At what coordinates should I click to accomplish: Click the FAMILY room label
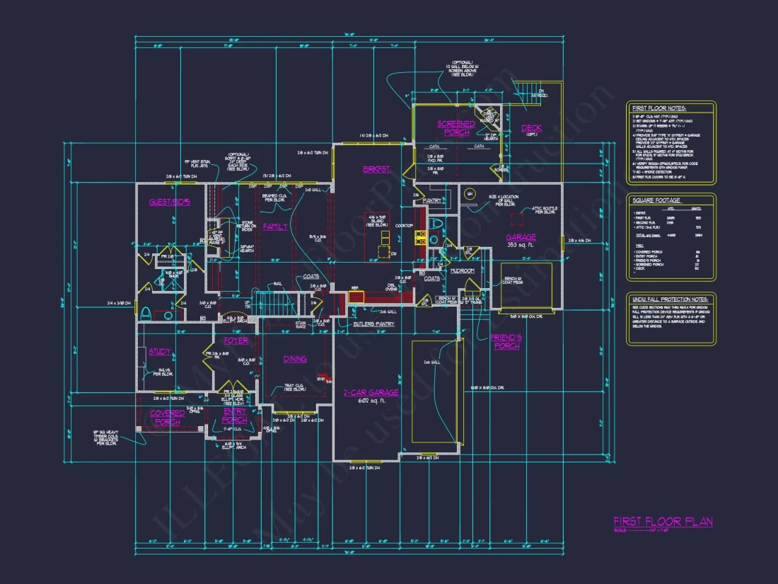(x=275, y=227)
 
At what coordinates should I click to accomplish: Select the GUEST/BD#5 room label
(x=170, y=202)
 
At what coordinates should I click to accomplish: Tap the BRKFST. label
(x=373, y=170)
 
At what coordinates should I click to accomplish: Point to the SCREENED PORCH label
(x=456, y=128)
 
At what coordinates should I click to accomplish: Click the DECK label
(x=532, y=128)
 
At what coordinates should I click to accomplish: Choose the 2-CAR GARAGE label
(x=371, y=392)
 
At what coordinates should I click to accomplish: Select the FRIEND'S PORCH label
(x=506, y=342)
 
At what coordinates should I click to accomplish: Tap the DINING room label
(x=295, y=359)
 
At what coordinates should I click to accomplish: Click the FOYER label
(x=236, y=340)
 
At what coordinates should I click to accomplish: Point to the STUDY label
(x=159, y=352)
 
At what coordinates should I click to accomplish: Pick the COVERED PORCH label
(x=168, y=418)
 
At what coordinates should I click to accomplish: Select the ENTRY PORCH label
(x=235, y=416)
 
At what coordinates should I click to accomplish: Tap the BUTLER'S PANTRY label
(x=375, y=324)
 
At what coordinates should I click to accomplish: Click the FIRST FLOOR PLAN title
(x=663, y=522)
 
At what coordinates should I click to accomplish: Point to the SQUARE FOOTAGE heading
(x=656, y=200)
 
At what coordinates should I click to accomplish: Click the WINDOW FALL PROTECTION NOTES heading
(x=669, y=299)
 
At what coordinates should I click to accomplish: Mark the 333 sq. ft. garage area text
(x=521, y=245)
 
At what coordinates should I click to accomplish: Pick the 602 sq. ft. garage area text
(x=371, y=401)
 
